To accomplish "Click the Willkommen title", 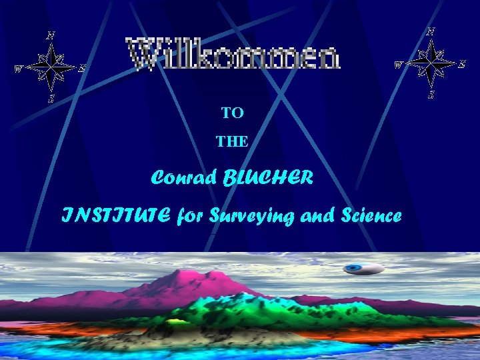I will coord(234,55).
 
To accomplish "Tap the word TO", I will coord(233,113).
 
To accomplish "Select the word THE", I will coord(232,141).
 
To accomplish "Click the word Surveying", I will coord(249,217).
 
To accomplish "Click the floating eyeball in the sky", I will coord(363,269).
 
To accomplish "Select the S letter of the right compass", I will coord(431,95).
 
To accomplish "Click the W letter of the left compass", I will coord(19,68).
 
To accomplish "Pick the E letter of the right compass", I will coord(461,63).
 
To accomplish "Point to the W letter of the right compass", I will coord(398,65).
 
